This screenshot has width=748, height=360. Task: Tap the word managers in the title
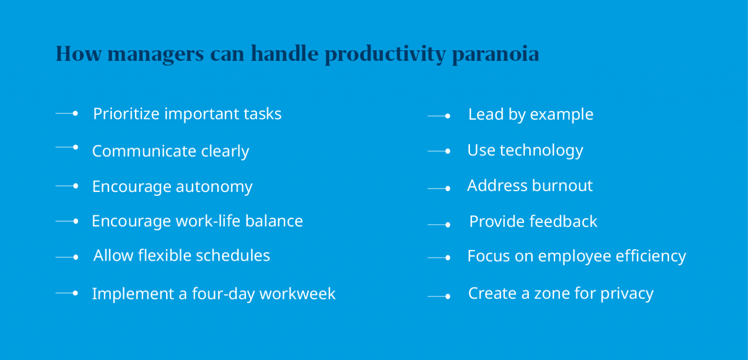[x=155, y=54]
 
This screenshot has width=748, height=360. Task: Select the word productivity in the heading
[x=385, y=54]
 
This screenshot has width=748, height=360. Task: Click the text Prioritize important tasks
[x=187, y=114]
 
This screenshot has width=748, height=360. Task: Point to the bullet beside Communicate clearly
[x=75, y=147]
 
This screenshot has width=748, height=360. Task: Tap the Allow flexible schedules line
[x=182, y=256]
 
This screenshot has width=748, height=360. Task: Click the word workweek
[x=298, y=294]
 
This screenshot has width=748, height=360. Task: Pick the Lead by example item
[x=530, y=114]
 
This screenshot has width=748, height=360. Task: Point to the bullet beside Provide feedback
[x=447, y=225]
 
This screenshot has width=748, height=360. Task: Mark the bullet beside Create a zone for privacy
[x=447, y=296]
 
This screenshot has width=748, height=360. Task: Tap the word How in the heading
[x=78, y=54]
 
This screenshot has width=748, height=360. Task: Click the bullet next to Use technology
[x=447, y=152]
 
